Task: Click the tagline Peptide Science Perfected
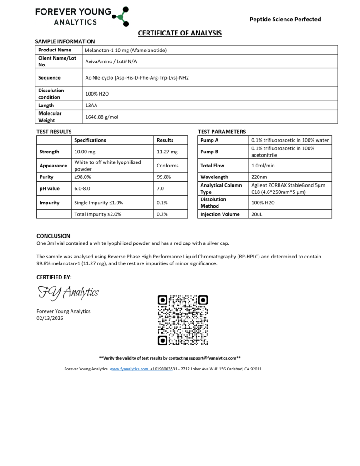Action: [x=285, y=19]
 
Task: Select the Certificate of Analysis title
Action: [x=180, y=33]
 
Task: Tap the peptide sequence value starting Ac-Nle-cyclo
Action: [x=137, y=78]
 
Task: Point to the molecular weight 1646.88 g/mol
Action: [x=101, y=117]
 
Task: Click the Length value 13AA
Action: [x=91, y=105]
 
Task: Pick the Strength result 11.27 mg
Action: [x=167, y=152]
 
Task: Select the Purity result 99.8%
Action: [x=163, y=177]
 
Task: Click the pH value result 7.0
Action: [x=160, y=188]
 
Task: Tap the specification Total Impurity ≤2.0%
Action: [x=97, y=214]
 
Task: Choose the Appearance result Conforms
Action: [x=167, y=166]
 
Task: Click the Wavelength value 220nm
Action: [x=259, y=177]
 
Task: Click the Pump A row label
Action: [x=209, y=140]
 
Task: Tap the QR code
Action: [x=183, y=320]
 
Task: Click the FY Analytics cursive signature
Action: [x=68, y=292]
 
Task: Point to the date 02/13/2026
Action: [x=50, y=319]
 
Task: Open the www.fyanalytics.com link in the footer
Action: [x=129, y=369]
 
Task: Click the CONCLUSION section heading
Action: [x=53, y=236]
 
